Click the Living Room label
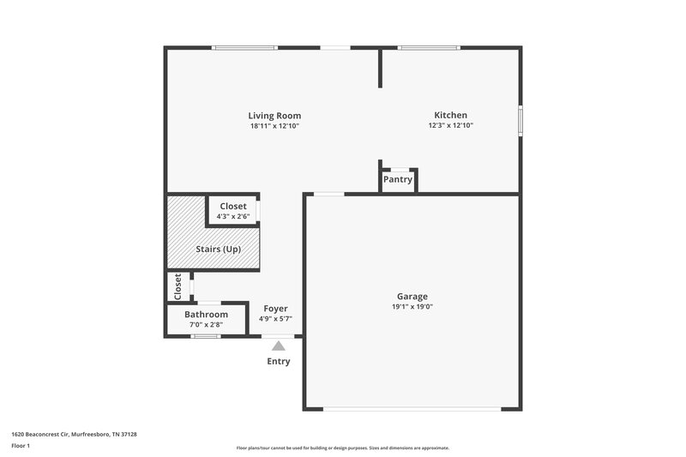[x=274, y=116]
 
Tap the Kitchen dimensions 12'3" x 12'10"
[x=450, y=125]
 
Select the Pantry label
[x=398, y=180]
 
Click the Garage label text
[x=412, y=297]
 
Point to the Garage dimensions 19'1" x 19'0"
[x=412, y=306]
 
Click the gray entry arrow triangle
[x=278, y=346]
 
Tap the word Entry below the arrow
[x=278, y=361]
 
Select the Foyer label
[x=275, y=309]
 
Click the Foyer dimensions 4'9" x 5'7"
[x=275, y=318]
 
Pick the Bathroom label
[x=206, y=315]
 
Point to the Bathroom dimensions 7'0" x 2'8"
[x=206, y=324]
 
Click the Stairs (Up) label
[x=219, y=250]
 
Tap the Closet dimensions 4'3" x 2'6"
[x=233, y=216]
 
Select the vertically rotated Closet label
[x=178, y=286]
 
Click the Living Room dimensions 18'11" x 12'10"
[x=274, y=125]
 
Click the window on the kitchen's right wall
[x=520, y=120]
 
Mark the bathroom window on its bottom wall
[x=206, y=336]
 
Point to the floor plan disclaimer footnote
[x=342, y=448]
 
